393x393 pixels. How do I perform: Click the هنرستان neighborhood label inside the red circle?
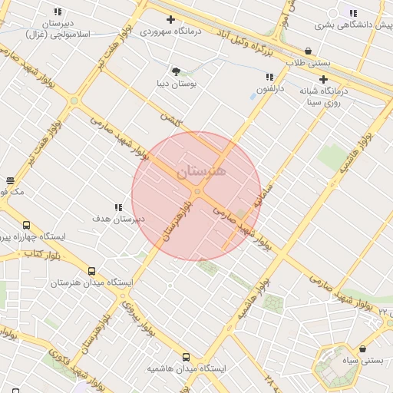click(x=201, y=173)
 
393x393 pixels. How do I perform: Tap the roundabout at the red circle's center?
click(x=197, y=192)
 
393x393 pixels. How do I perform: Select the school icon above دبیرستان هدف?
click(x=118, y=207)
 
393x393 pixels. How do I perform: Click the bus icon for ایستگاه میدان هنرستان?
click(x=92, y=271)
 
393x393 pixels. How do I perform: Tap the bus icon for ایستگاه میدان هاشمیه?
click(x=186, y=357)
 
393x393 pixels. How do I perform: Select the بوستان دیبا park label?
click(x=176, y=84)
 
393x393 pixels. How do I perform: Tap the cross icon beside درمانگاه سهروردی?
click(x=170, y=19)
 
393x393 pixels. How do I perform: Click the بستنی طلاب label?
click(x=308, y=62)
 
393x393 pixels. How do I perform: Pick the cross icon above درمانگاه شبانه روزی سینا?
click(x=324, y=79)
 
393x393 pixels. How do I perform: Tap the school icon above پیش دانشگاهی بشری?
click(x=352, y=13)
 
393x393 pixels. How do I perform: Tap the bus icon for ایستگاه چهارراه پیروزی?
click(x=27, y=226)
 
